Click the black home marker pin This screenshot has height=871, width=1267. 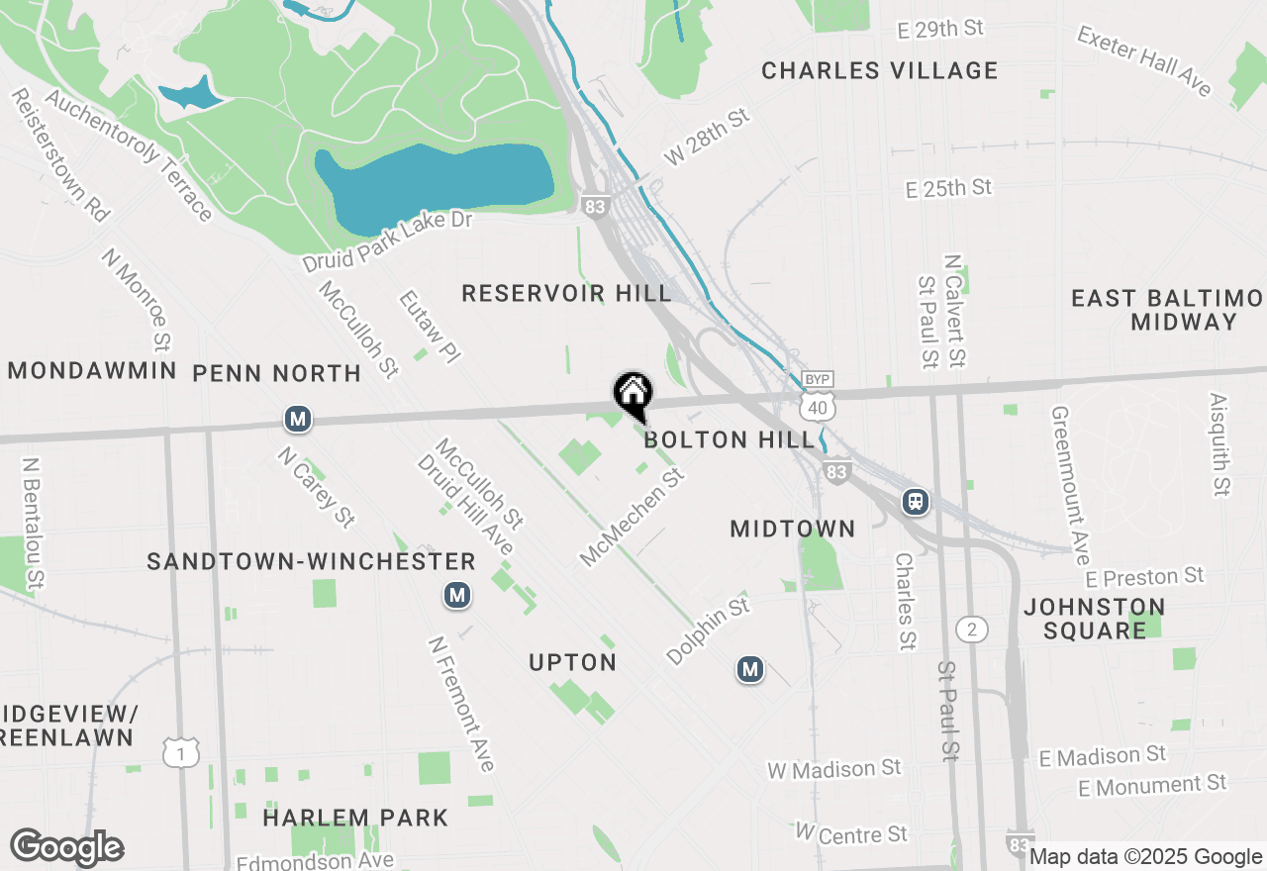pos(633,395)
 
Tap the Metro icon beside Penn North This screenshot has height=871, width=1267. pos(298,420)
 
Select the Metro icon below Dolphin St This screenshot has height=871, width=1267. pos(749,670)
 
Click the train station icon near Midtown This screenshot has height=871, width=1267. pos(916,502)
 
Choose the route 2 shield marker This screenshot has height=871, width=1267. pos(972,629)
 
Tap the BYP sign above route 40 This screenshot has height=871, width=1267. pos(818,380)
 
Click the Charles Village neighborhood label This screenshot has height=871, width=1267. pos(879,70)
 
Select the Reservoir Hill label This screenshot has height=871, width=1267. pos(566,293)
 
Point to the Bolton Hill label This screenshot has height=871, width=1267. pos(730,439)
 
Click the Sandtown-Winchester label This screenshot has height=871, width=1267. pos(311,561)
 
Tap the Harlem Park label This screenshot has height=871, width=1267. pos(355,818)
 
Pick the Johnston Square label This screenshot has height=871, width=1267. pos(1095,618)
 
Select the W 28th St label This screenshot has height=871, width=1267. pos(708,138)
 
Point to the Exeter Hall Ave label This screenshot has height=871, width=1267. pos(1144,61)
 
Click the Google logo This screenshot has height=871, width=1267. pos(66,847)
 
